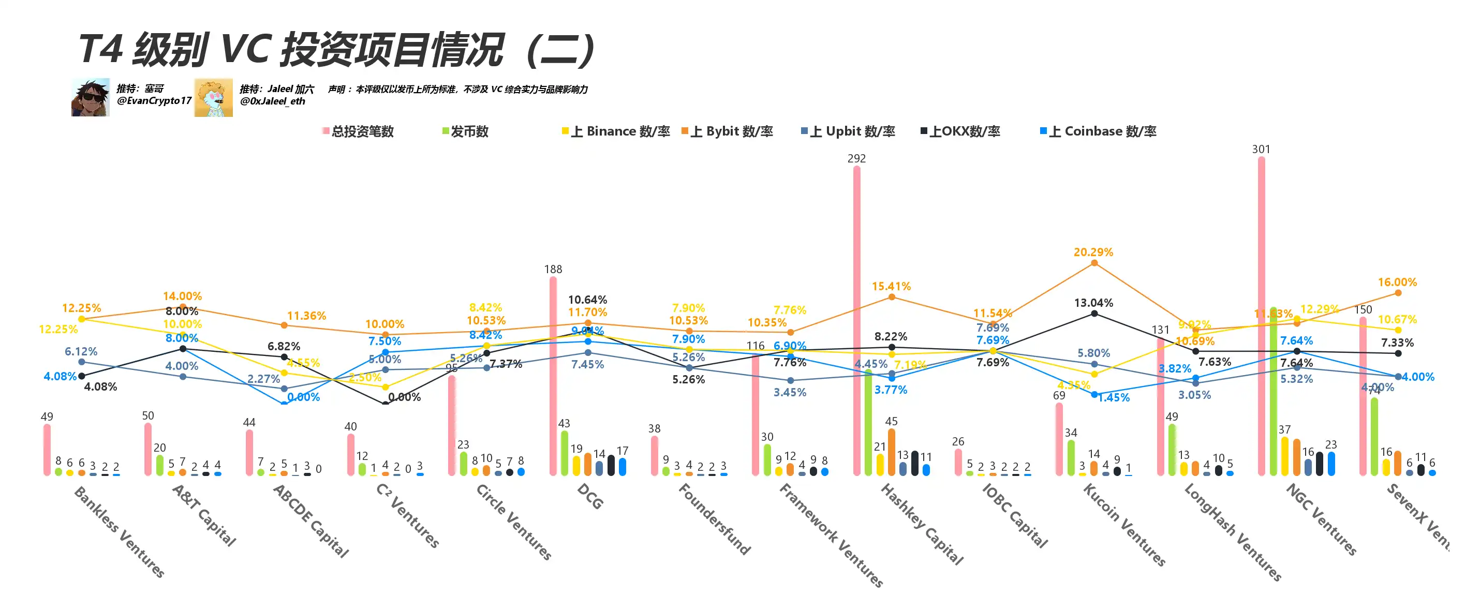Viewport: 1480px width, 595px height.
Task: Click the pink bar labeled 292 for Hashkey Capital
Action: (x=856, y=322)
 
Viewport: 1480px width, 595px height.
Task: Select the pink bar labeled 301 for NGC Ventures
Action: (x=1261, y=316)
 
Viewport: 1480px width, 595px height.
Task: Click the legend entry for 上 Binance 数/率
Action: (x=616, y=131)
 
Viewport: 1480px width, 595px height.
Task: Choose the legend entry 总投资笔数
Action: (x=359, y=131)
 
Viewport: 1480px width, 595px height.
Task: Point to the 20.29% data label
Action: (x=1093, y=252)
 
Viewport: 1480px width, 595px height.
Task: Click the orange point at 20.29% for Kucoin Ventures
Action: (x=1094, y=263)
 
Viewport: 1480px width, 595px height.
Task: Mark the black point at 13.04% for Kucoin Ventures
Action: (x=1094, y=314)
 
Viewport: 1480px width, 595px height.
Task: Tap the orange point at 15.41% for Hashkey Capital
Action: (x=891, y=297)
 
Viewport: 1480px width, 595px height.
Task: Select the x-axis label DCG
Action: (x=590, y=497)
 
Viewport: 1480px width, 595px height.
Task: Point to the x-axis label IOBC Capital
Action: (x=1015, y=515)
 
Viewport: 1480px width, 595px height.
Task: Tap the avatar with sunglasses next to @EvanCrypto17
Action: (x=90, y=98)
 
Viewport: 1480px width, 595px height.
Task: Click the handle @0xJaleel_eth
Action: (x=272, y=101)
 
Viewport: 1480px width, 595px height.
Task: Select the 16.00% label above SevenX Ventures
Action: (x=1397, y=282)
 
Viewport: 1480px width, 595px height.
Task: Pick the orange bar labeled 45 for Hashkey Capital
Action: (x=891, y=452)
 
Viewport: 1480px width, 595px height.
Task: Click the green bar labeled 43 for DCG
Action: (x=564, y=453)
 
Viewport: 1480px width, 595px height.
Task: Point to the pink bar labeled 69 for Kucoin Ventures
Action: (x=1059, y=439)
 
